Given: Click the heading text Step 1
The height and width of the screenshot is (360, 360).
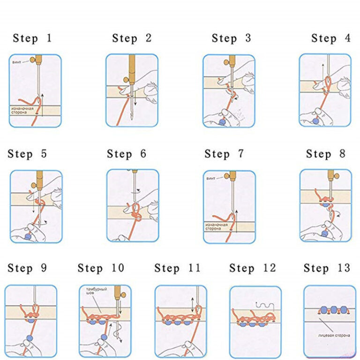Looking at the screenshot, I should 32,38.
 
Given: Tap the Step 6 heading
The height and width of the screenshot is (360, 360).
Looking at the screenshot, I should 127,154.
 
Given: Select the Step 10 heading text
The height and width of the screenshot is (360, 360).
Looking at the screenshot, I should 101,268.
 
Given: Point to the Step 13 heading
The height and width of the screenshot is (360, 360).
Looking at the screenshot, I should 327,268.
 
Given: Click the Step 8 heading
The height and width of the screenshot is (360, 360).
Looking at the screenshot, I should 326,154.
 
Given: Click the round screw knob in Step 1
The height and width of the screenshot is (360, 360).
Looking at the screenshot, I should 33,60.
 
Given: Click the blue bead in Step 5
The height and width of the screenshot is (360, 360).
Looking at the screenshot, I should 28,238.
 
